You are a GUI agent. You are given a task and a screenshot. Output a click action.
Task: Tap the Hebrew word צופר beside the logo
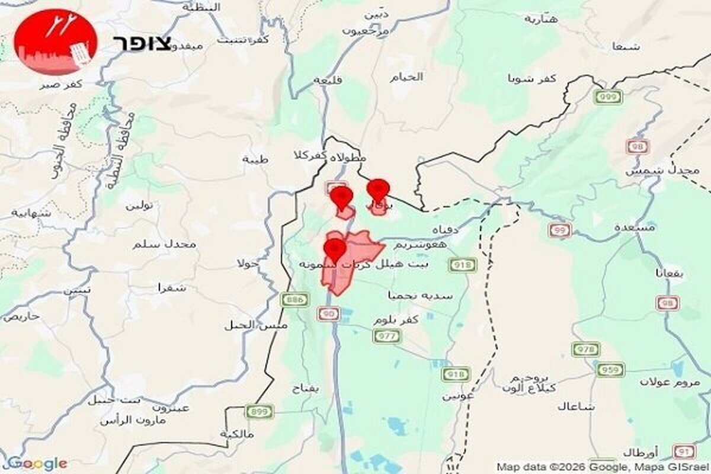click(142, 43)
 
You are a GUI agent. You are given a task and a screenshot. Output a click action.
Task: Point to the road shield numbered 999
click(609, 97)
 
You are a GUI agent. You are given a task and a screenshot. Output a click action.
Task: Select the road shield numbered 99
click(559, 230)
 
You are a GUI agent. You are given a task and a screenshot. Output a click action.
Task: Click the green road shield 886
click(294, 300)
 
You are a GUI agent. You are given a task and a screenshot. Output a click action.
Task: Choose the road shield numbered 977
click(386, 337)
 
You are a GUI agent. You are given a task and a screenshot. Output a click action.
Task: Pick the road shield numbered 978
click(586, 350)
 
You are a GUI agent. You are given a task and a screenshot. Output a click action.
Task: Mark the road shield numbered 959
click(610, 370)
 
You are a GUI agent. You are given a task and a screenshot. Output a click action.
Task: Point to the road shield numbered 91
click(684, 452)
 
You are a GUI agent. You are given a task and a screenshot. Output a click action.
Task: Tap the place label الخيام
click(407, 77)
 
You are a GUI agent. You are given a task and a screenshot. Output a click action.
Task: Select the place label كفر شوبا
click(532, 78)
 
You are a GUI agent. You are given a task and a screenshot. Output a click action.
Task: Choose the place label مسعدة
click(635, 227)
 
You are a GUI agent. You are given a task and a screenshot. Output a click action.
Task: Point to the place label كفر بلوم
click(396, 319)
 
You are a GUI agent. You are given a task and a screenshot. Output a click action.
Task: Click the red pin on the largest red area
click(335, 247)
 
